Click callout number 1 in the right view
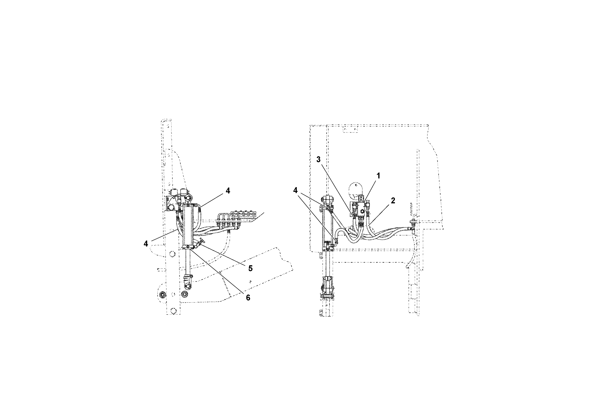tap(378, 176)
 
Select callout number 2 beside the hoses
tap(393, 201)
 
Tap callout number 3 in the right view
tap(318, 159)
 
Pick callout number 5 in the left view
tap(250, 268)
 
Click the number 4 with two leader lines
tap(296, 190)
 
